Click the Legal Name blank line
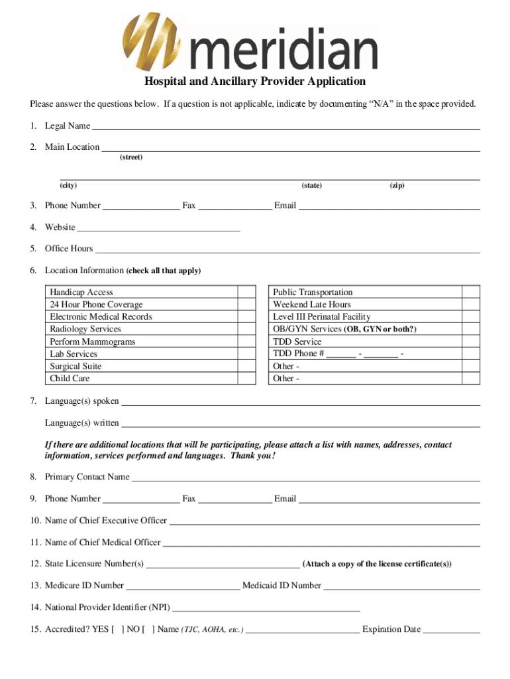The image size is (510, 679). pyautogui.click(x=285, y=127)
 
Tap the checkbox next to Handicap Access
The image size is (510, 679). pyautogui.click(x=246, y=292)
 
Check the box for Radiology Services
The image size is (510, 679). pyautogui.click(x=246, y=330)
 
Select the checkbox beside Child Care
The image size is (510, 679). pyautogui.click(x=246, y=379)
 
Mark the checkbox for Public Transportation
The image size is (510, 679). pyautogui.click(x=470, y=292)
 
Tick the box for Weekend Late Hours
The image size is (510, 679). pyautogui.click(x=470, y=305)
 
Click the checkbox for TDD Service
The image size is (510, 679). pyautogui.click(x=470, y=342)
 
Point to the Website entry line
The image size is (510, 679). pyautogui.click(x=158, y=228)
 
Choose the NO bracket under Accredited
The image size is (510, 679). pyautogui.click(x=148, y=629)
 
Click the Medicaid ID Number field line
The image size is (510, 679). pyautogui.click(x=401, y=586)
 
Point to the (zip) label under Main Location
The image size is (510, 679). pyautogui.click(x=397, y=186)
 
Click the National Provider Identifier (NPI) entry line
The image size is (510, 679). pyautogui.click(x=266, y=608)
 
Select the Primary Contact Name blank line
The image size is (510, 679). pyautogui.click(x=305, y=478)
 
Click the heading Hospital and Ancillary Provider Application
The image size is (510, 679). pyautogui.click(x=255, y=82)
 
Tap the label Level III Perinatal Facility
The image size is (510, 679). pyautogui.click(x=322, y=317)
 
